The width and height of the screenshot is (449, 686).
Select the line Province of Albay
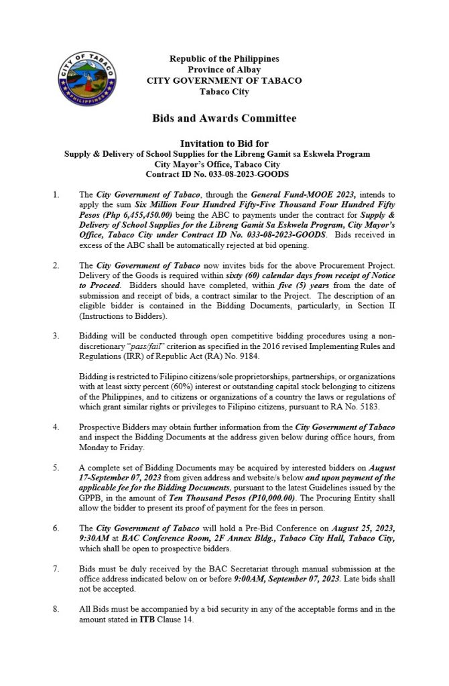point(224,70)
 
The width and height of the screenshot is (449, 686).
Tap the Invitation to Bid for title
point(224,143)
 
